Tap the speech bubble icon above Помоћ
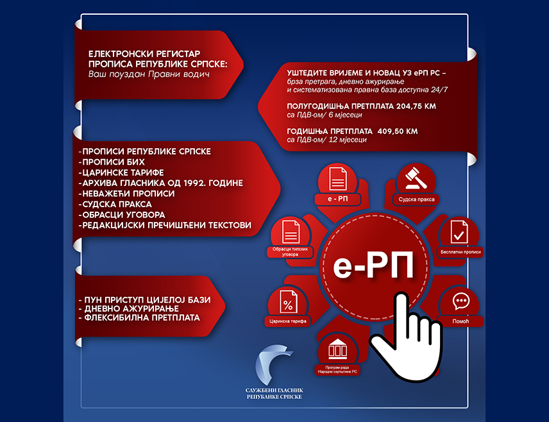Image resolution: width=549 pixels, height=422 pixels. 460,301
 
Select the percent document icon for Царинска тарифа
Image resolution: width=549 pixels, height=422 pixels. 289,302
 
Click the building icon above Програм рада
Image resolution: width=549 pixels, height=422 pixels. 337,349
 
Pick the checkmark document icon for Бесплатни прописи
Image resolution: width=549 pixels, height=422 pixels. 459,232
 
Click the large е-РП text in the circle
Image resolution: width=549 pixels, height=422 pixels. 373,265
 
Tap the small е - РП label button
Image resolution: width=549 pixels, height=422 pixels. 338,199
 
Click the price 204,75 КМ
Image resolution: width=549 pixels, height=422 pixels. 416,106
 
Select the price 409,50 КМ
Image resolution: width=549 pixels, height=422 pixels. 398,131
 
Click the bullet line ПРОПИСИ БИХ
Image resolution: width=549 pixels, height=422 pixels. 112,162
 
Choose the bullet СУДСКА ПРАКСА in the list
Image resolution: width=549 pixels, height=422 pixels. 115,204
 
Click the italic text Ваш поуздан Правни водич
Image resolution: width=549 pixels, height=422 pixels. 149,74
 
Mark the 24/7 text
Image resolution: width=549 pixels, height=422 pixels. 439,90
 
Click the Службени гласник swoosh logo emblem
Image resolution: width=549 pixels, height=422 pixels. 272,364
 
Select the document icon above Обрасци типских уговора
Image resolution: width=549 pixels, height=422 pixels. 291,232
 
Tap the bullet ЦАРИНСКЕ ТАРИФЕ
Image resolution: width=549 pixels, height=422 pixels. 121,173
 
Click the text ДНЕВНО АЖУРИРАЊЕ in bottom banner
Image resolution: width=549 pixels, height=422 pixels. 129,309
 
